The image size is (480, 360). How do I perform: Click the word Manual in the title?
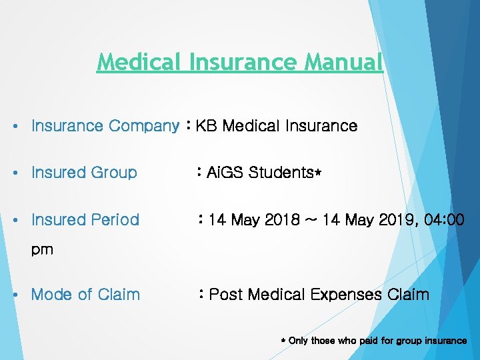coord(343,62)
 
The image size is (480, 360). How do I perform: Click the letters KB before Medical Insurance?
coord(207,126)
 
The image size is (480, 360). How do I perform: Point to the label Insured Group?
coord(84,173)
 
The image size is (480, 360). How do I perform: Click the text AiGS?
coord(225,173)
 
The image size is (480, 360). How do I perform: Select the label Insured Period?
coord(85,220)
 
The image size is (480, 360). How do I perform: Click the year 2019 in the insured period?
coord(393,220)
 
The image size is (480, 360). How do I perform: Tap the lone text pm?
coord(42,251)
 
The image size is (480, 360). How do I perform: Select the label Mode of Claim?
coord(85,295)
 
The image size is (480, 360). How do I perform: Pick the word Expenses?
coord(345,295)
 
